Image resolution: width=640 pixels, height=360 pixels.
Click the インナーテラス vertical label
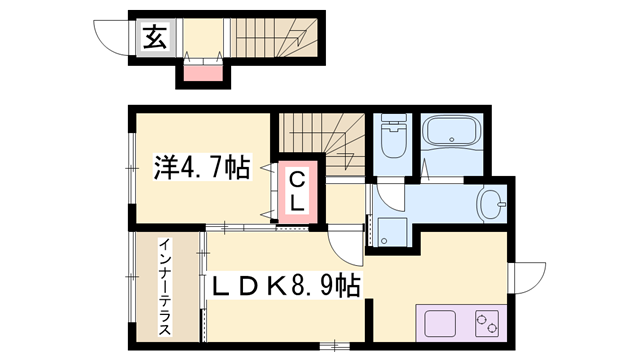(164, 286)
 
